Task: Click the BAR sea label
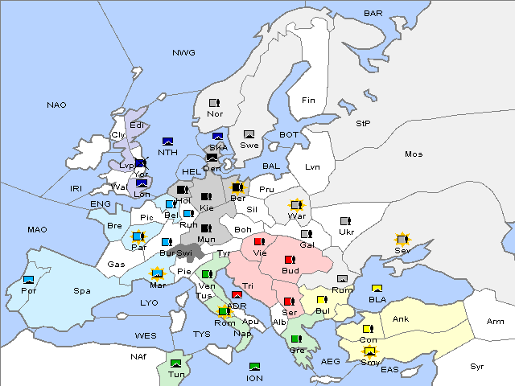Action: (373, 13)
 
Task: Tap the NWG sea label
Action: (183, 53)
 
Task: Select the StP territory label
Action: (363, 124)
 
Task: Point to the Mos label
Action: (414, 154)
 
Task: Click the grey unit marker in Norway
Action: (214, 103)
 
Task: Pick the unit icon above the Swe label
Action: (249, 134)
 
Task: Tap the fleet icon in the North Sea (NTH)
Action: (167, 141)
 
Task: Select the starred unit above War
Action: (297, 205)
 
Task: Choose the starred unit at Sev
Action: (402, 240)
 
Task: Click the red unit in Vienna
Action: (259, 240)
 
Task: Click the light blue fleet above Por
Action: (29, 279)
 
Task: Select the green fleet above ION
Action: (255, 367)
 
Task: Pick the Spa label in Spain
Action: (81, 290)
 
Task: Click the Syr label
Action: (478, 366)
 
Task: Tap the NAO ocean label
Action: (56, 105)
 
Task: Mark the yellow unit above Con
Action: (368, 329)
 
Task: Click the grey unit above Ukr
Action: (345, 221)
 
